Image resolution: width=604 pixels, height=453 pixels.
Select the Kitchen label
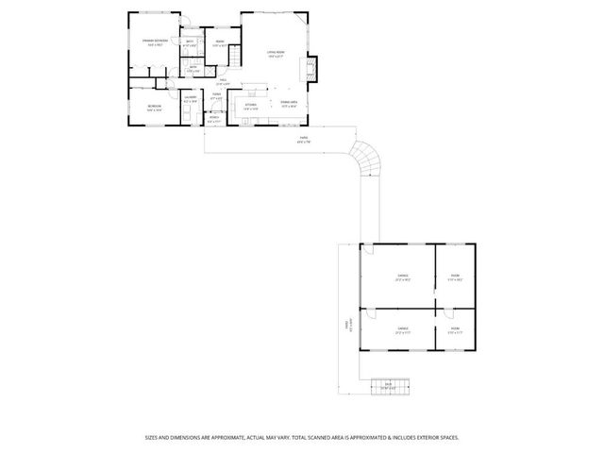click(x=251, y=105)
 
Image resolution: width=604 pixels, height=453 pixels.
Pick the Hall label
click(x=224, y=80)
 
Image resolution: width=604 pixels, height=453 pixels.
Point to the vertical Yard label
click(x=347, y=325)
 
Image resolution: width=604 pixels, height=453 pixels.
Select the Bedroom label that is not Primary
click(x=154, y=107)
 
